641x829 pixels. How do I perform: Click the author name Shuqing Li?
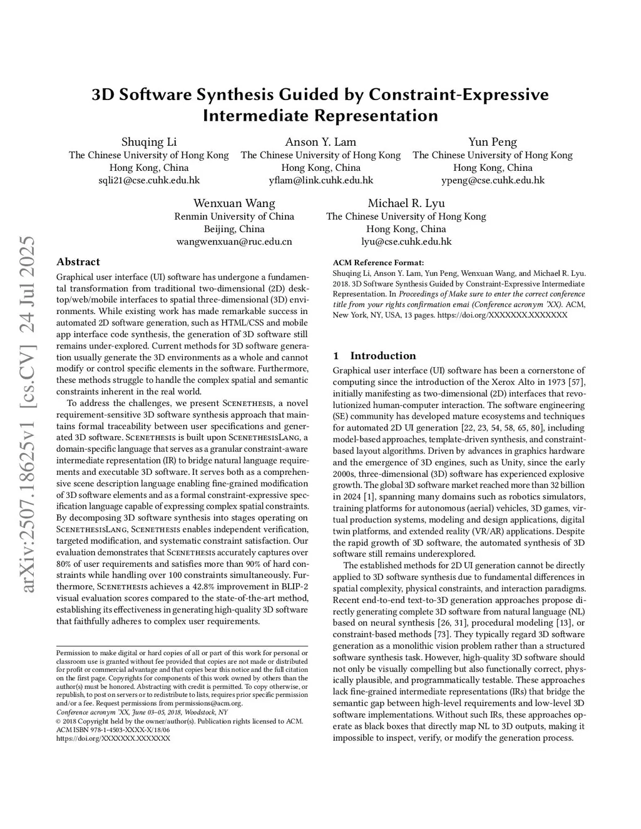[149, 142]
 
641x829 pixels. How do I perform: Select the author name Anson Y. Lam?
[320, 142]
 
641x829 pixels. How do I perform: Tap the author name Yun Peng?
[493, 142]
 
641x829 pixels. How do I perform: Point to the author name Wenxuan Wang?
[234, 203]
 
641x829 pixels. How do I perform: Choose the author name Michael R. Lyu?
[406, 203]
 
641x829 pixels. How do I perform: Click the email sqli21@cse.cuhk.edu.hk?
[149, 180]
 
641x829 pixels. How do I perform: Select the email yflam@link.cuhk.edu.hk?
[320, 180]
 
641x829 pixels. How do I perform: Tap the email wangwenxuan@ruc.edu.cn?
[234, 242]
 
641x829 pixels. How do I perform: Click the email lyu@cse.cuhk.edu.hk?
[406, 242]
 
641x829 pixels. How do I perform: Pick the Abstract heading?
[78, 262]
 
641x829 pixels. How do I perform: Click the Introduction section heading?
[382, 356]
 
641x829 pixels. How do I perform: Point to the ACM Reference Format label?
[378, 263]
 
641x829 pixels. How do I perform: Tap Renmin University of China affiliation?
[234, 216]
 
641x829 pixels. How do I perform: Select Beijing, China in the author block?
[234, 229]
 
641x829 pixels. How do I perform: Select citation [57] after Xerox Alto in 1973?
[577, 382]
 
